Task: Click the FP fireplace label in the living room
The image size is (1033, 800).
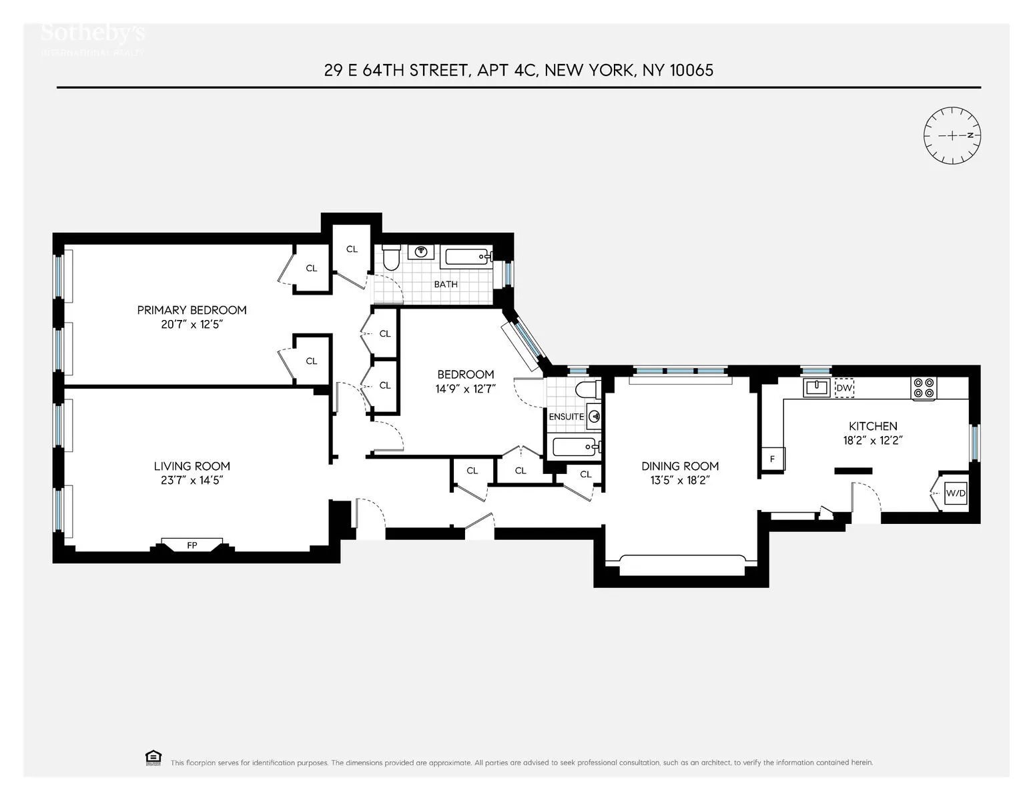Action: [192, 545]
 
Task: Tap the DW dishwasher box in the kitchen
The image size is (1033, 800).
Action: [844, 387]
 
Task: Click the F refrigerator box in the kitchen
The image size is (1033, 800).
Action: [773, 459]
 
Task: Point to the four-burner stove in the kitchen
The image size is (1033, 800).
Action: [924, 388]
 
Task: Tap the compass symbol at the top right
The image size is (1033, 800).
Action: [952, 135]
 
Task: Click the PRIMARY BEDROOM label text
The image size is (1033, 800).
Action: [192, 310]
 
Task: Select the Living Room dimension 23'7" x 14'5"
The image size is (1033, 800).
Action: [192, 480]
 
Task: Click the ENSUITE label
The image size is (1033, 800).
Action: [566, 417]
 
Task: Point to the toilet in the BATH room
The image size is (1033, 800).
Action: [390, 257]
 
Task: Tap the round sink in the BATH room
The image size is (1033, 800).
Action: [421, 251]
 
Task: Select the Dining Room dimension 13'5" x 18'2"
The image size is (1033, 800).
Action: [680, 480]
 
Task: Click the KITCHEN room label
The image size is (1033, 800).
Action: [873, 426]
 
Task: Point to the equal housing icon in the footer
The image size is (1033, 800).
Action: [153, 757]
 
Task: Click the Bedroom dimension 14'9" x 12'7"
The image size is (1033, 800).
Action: [465, 388]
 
